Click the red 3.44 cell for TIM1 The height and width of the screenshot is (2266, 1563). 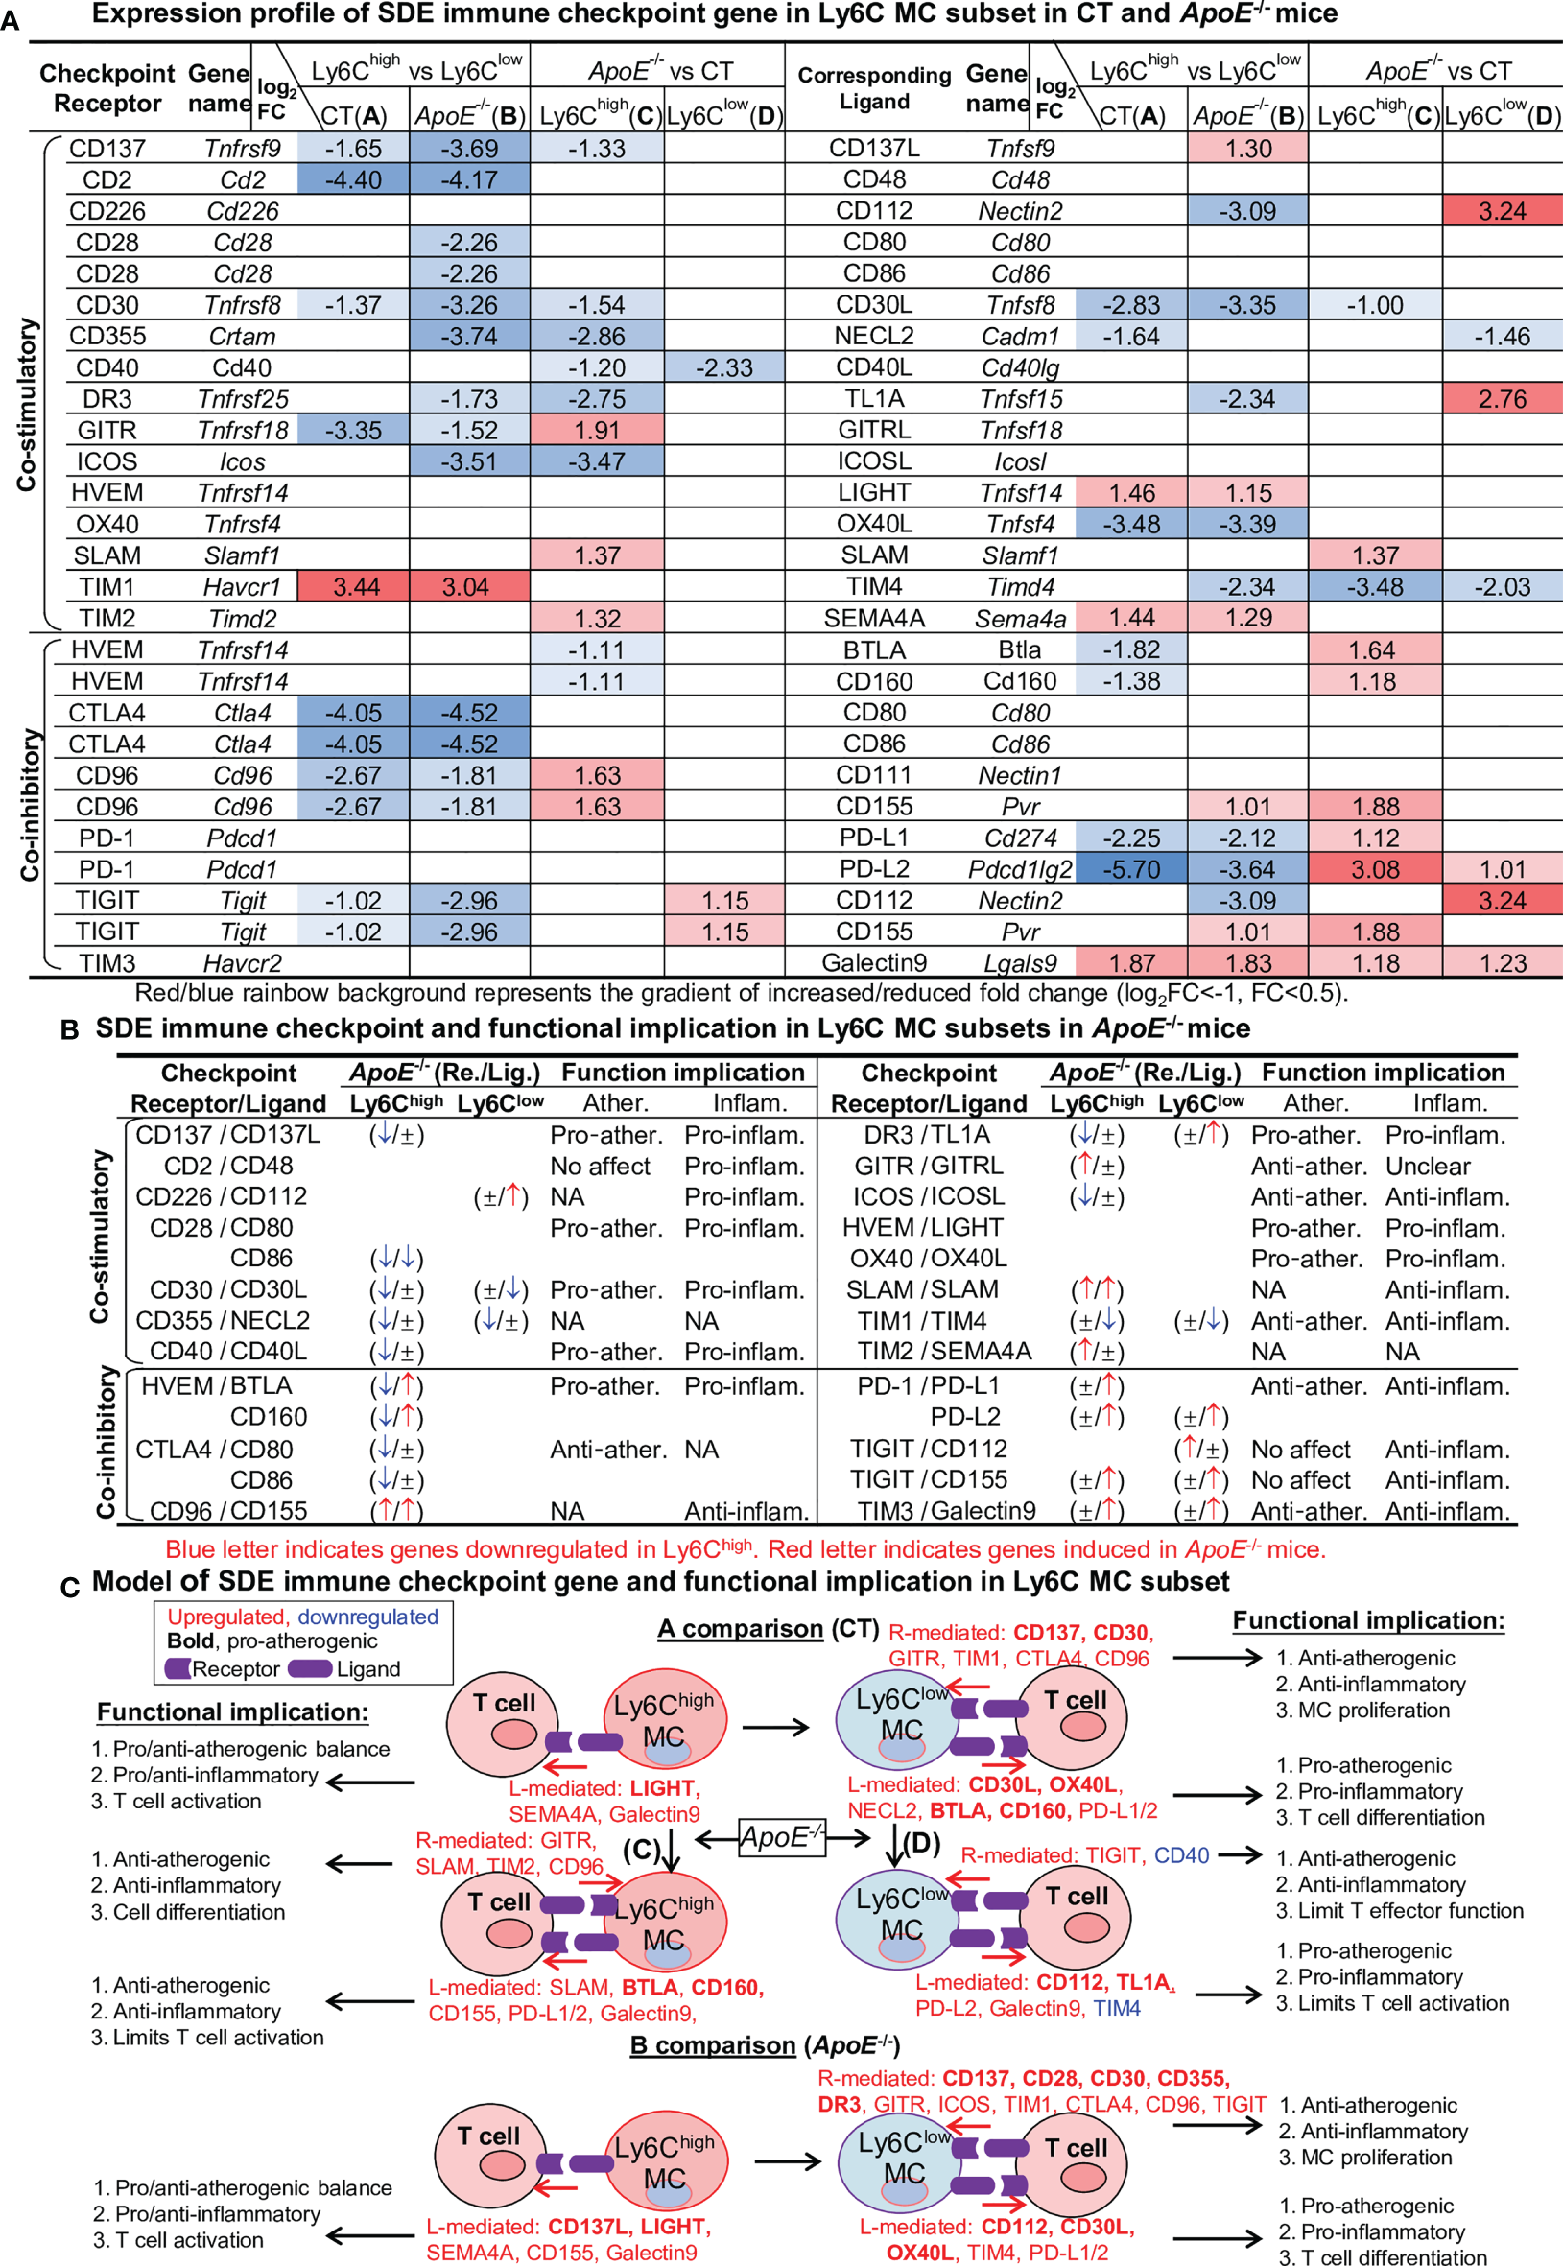pos(354,586)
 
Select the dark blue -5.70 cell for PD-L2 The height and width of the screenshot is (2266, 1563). pos(1131,868)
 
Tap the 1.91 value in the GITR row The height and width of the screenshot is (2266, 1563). pos(597,430)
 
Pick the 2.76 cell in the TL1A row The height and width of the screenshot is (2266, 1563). pos(1502,398)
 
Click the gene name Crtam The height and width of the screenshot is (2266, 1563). pos(242,336)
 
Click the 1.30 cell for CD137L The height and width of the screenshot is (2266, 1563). pos(1246,148)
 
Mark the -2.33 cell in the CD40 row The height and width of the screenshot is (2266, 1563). pos(723,367)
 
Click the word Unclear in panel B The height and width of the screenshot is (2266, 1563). pos(1427,1166)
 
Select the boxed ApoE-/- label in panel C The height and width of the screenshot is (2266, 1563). pos(781,1836)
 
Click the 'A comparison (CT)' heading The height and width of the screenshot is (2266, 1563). pos(768,1628)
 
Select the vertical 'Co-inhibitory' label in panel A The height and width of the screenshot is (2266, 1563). pos(29,803)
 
